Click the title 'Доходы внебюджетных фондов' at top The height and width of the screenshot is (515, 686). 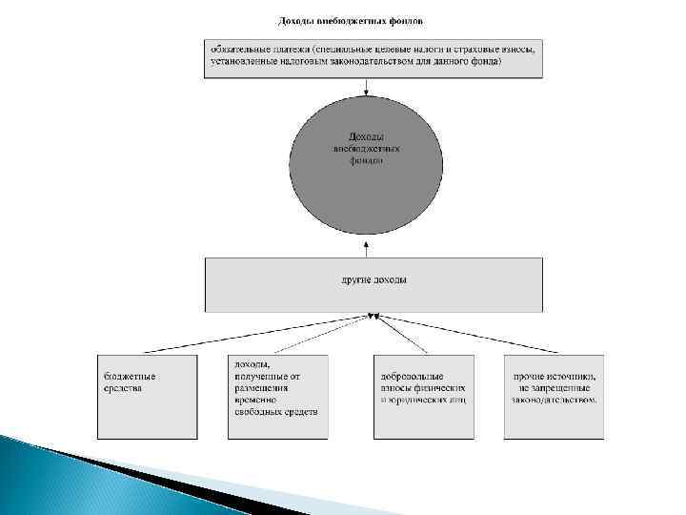[x=350, y=20]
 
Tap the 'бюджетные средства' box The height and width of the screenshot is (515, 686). [x=147, y=396]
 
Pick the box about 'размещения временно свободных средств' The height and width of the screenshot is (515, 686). [x=277, y=396]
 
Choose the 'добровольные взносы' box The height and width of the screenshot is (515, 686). [x=423, y=396]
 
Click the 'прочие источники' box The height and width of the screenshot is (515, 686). [x=554, y=396]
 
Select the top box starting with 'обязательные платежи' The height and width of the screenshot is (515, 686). [x=373, y=57]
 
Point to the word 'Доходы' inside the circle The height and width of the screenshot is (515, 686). [x=366, y=136]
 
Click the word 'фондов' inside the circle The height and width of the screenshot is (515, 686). [x=366, y=161]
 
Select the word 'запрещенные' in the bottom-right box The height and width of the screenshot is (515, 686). [x=561, y=388]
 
